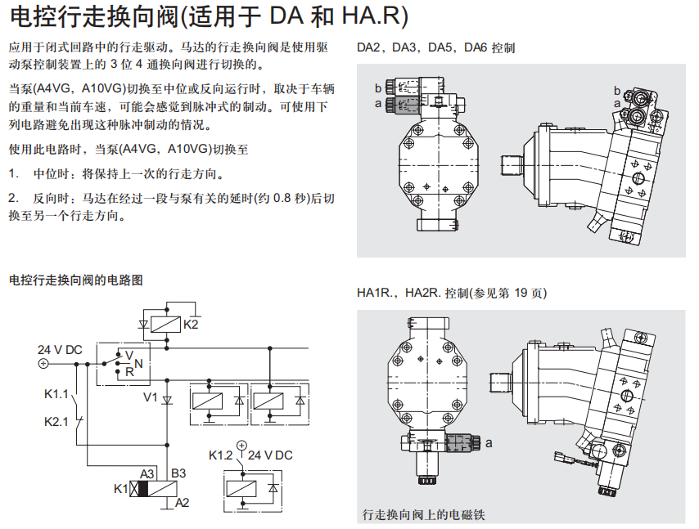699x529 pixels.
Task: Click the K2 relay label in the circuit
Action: (191, 324)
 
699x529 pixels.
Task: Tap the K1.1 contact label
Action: (56, 395)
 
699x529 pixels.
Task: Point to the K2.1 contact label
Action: (56, 422)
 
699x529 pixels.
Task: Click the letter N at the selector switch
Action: (138, 362)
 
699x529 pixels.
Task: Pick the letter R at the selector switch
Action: (129, 372)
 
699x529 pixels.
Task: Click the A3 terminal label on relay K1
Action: (147, 473)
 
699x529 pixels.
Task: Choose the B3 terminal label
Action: (178, 473)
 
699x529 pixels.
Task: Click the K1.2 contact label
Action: (221, 455)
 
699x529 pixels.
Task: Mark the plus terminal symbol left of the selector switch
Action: (43, 365)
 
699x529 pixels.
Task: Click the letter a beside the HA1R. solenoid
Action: (489, 442)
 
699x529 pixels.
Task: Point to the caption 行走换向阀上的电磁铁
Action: (423, 515)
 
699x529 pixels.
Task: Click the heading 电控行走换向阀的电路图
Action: (75, 280)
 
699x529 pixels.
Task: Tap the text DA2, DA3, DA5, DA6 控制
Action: (435, 48)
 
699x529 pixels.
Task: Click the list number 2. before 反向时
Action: (13, 199)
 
